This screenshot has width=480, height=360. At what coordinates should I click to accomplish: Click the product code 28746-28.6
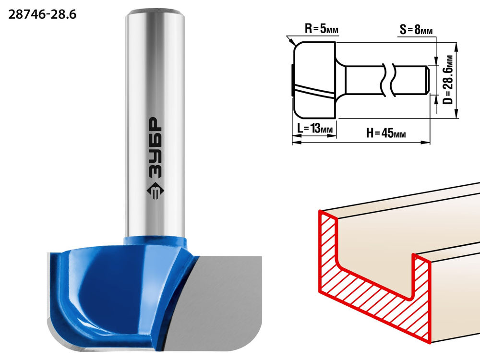tap(42, 14)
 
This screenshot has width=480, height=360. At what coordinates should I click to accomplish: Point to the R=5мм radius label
tap(322, 29)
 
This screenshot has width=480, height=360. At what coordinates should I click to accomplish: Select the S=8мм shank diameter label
tap(416, 30)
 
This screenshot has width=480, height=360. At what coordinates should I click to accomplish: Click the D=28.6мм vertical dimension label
tap(448, 80)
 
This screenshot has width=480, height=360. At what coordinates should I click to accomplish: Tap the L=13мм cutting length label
tap(315, 128)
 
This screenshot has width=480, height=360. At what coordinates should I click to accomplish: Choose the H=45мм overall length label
tap(386, 133)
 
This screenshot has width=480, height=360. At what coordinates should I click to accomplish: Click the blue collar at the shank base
tap(155, 240)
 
